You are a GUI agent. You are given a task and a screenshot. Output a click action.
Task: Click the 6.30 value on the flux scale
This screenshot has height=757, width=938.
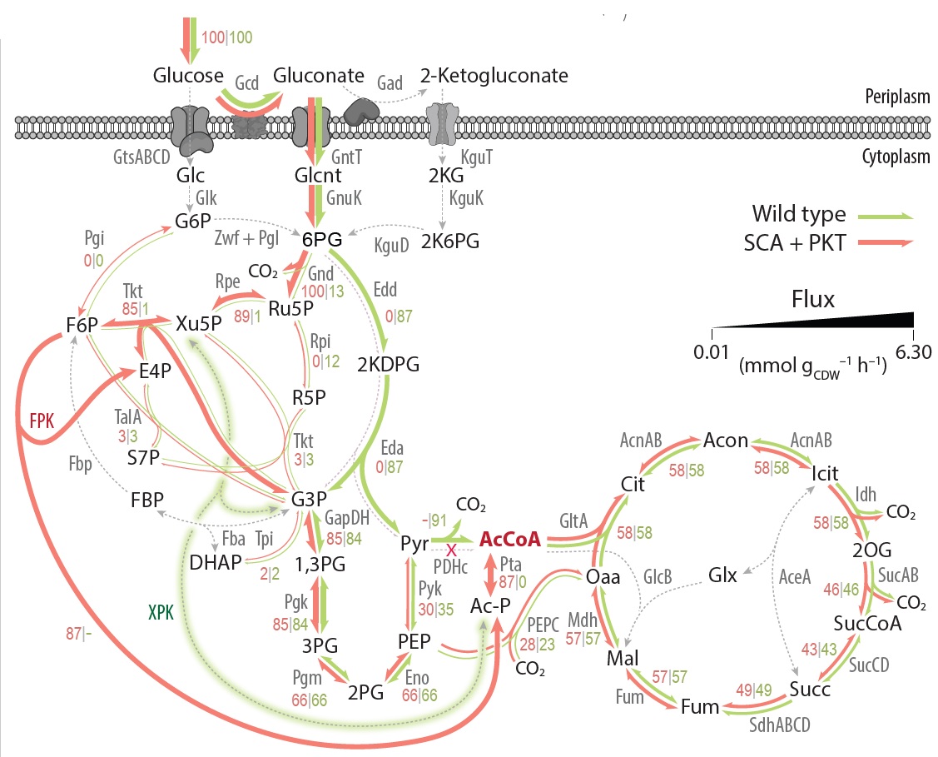pyautogui.click(x=913, y=352)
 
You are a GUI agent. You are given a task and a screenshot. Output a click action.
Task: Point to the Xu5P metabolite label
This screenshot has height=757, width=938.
pyautogui.click(x=197, y=323)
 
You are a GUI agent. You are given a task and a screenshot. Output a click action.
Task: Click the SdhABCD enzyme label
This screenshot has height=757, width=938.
pyautogui.click(x=776, y=725)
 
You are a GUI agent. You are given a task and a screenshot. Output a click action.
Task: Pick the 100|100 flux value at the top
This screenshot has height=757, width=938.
pyautogui.click(x=227, y=37)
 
